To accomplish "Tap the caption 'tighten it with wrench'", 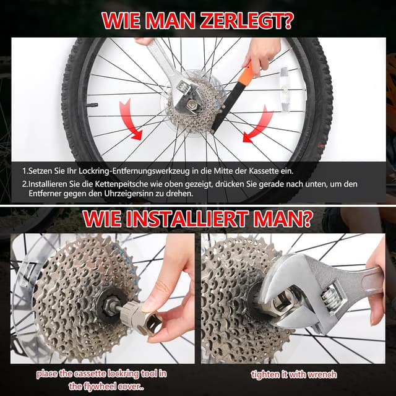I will (x=293, y=374).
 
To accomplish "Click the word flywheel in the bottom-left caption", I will (x=103, y=386).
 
